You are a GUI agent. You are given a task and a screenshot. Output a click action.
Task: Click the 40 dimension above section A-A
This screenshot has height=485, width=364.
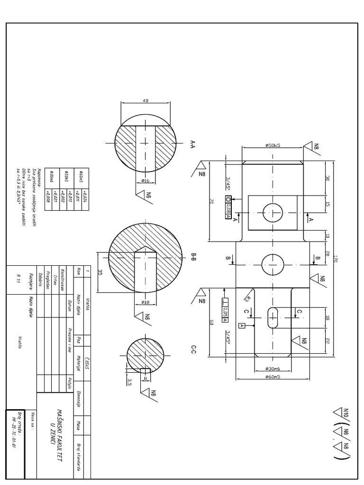(x=145, y=100)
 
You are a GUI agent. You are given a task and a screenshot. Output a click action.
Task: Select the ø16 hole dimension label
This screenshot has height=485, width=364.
(x=146, y=180)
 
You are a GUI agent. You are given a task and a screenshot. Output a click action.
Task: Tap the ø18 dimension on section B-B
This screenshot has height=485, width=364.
(x=146, y=302)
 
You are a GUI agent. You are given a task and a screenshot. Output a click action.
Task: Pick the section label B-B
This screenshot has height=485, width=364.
(x=193, y=257)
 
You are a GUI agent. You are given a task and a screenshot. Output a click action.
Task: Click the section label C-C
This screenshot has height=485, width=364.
(x=193, y=350)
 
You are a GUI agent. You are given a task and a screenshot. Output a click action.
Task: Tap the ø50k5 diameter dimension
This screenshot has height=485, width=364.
(x=273, y=146)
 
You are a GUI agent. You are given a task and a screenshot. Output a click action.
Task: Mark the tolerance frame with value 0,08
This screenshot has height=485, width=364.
(x=227, y=208)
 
